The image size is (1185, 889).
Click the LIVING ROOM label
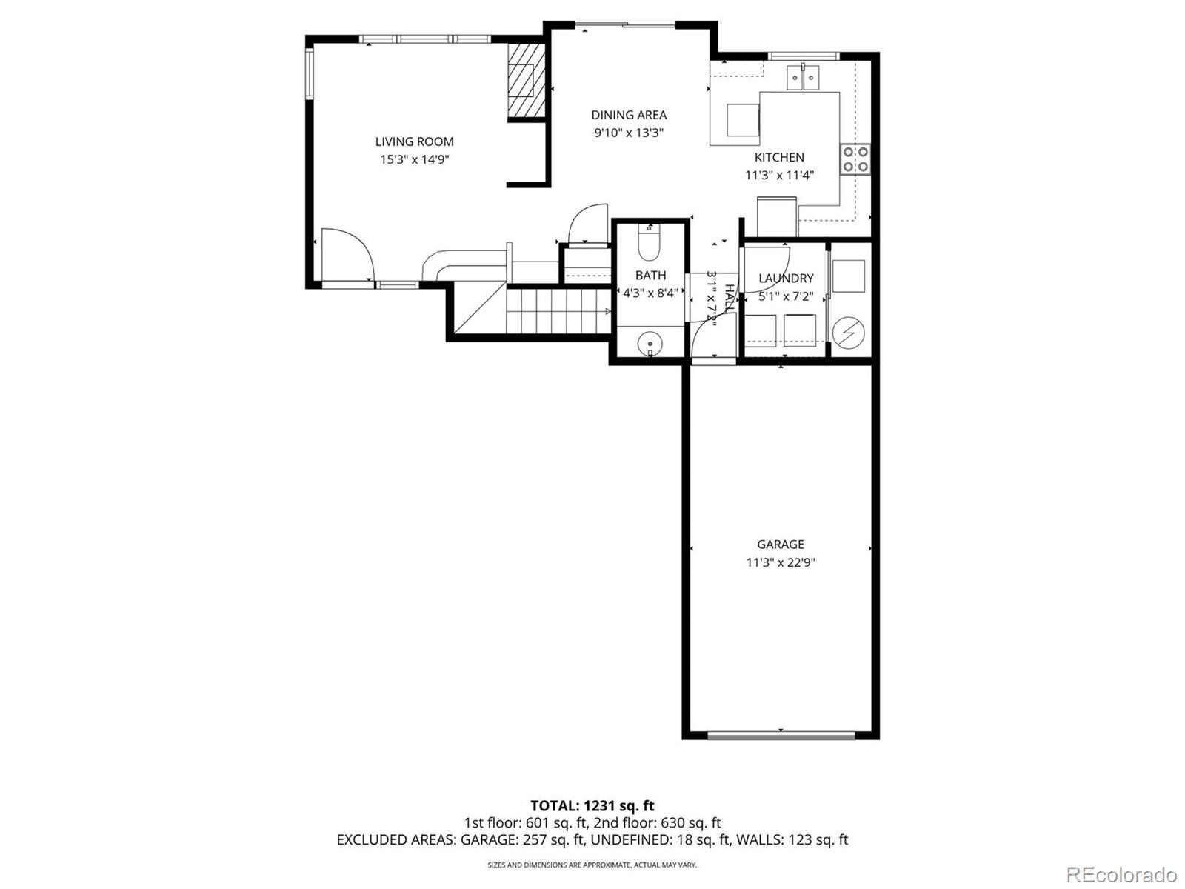coord(414,141)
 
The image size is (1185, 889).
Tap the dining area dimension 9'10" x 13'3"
coord(629,133)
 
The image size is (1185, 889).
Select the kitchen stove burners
coord(855,159)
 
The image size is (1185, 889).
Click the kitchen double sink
coord(803,76)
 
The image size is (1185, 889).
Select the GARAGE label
coord(781,544)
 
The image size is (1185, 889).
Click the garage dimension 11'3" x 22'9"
coord(781,562)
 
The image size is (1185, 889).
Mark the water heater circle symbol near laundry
coord(849,334)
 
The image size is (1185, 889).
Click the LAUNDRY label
coord(786,278)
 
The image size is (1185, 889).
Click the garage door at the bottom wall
coord(781,736)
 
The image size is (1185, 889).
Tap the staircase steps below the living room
coord(555,310)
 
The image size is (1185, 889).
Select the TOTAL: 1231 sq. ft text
coord(592,805)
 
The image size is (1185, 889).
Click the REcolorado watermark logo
coord(1121,874)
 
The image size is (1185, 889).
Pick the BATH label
coord(650,275)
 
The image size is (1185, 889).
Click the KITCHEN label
coord(779,157)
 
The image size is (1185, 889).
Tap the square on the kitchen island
coord(743,120)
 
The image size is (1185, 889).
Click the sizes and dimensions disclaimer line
coord(592,865)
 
